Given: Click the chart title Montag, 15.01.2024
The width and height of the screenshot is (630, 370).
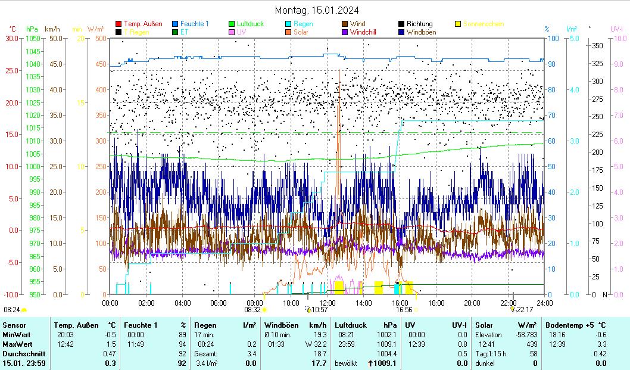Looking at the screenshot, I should pyautogui.click(x=317, y=10).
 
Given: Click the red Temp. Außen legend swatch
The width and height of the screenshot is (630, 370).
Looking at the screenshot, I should pyautogui.click(x=118, y=24).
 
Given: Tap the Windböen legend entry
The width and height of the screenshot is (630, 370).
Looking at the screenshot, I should pyautogui.click(x=421, y=32).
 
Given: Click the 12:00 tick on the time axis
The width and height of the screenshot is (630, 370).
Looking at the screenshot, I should pyautogui.click(x=327, y=302).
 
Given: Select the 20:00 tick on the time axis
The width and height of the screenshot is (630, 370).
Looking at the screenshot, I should pyautogui.click(x=472, y=302).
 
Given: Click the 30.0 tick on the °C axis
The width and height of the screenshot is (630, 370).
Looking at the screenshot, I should pyautogui.click(x=12, y=38).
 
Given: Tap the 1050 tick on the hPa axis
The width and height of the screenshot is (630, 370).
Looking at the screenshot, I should pyautogui.click(x=33, y=38).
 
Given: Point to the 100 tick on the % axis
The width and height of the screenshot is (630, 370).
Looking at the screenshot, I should pyautogui.click(x=553, y=38).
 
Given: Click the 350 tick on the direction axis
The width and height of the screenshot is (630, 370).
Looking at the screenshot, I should pyautogui.click(x=598, y=45).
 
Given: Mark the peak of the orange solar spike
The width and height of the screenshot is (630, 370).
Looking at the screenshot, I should pyautogui.click(x=339, y=70).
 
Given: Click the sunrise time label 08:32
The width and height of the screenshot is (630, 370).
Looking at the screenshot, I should pyautogui.click(x=252, y=310).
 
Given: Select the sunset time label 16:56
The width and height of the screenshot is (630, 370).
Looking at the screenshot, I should pyautogui.click(x=404, y=310).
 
